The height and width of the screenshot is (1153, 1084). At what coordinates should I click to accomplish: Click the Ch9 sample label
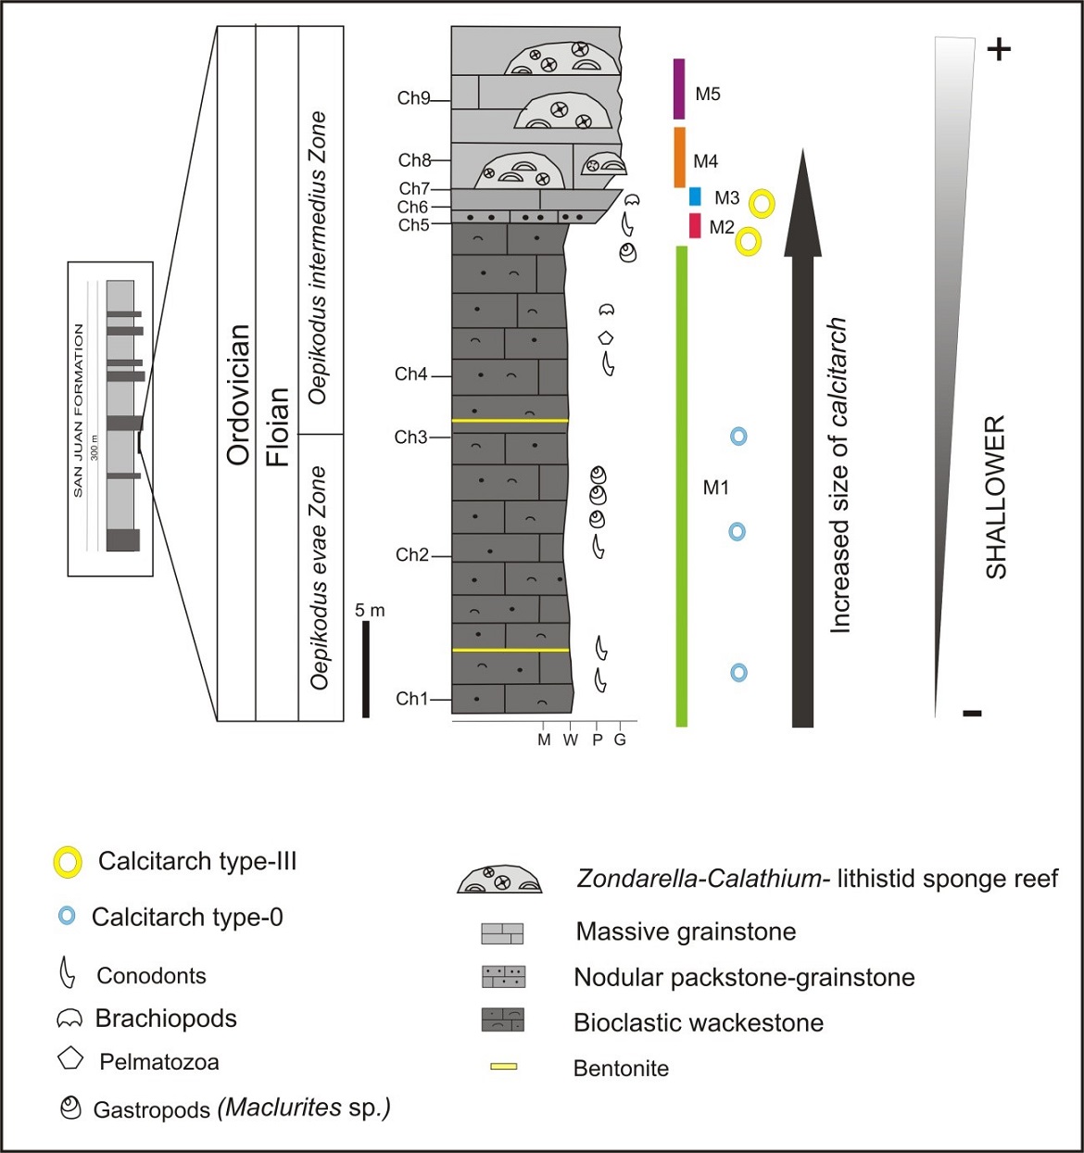(413, 97)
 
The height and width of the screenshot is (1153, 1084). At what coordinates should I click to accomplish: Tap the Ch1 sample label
(412, 699)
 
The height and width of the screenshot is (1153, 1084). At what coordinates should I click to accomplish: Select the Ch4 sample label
(411, 374)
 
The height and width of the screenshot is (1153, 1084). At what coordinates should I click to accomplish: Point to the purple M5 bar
(679, 89)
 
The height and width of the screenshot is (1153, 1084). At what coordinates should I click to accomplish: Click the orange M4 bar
(679, 157)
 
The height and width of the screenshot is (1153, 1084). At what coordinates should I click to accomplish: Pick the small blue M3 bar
(695, 196)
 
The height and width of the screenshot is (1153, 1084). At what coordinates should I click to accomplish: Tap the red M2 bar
(695, 225)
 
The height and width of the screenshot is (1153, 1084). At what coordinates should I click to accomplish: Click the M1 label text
(716, 488)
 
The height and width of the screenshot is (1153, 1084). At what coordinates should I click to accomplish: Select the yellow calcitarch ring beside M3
(762, 203)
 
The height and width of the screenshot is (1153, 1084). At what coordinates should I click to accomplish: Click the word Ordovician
(238, 394)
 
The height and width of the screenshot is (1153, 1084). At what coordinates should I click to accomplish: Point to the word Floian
(278, 427)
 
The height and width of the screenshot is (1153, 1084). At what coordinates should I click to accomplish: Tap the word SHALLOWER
(996, 498)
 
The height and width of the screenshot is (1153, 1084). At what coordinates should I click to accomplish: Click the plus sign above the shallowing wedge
(998, 49)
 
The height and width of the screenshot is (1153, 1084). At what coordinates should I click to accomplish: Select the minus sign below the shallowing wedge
(972, 713)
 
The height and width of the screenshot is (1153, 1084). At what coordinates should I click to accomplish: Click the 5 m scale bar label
(370, 610)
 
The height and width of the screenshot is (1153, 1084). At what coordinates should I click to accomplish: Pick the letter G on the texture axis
(620, 740)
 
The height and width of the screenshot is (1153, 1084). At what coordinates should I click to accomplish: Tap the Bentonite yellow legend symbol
(503, 1067)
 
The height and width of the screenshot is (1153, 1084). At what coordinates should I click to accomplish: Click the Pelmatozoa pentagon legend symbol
(70, 1058)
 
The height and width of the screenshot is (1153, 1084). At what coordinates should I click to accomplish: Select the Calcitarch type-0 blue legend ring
(66, 917)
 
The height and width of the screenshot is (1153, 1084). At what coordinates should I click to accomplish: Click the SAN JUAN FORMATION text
(78, 411)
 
